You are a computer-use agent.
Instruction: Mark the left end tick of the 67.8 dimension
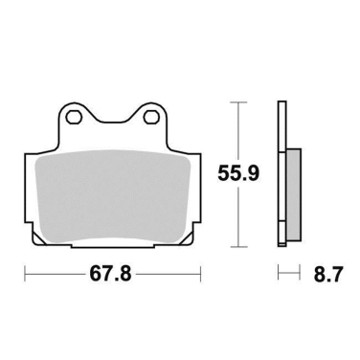point(24,276)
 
